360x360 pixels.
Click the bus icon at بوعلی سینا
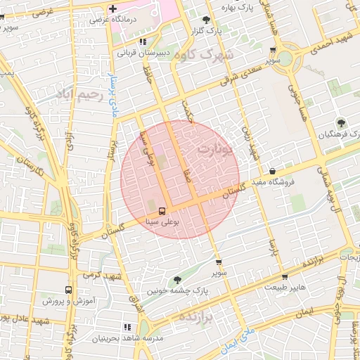click(x=162, y=210)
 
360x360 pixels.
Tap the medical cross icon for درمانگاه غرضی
click(x=113, y=8)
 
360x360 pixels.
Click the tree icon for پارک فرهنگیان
click(x=341, y=122)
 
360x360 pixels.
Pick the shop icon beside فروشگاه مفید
click(x=272, y=171)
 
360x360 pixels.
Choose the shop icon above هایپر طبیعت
click(x=285, y=276)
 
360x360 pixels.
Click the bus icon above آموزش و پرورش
click(x=68, y=290)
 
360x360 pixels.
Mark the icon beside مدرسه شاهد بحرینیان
click(x=127, y=327)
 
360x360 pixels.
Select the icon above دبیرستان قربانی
click(x=143, y=41)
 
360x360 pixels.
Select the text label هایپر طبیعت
click(x=284, y=288)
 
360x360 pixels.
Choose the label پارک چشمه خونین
click(x=175, y=290)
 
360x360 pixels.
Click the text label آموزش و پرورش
click(x=68, y=301)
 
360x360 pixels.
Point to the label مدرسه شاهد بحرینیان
click(x=129, y=338)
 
